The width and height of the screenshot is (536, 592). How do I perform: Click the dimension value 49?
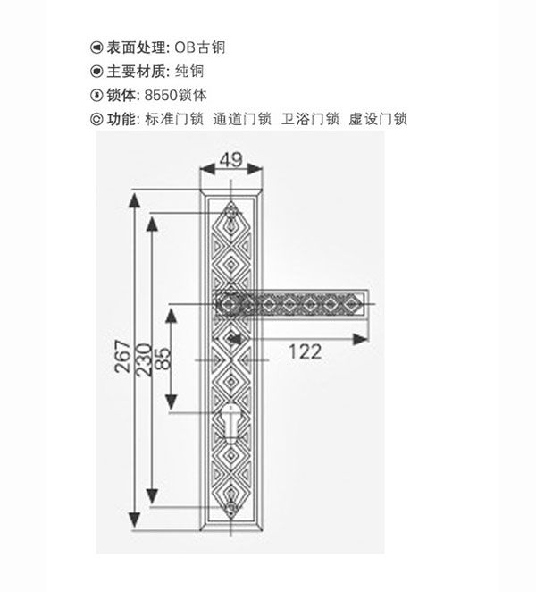click(x=230, y=160)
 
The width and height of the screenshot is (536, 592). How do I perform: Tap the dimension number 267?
click(x=123, y=357)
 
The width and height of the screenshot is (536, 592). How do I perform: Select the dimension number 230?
click(x=144, y=359)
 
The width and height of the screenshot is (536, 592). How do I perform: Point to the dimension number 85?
click(x=163, y=358)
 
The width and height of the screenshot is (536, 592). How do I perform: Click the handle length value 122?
click(x=306, y=351)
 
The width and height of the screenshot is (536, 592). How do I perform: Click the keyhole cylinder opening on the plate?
click(x=230, y=423)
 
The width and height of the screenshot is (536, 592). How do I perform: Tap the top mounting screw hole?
click(x=230, y=213)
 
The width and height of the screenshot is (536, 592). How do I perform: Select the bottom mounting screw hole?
click(x=230, y=507)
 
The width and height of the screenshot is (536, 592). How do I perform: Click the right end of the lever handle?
click(x=366, y=304)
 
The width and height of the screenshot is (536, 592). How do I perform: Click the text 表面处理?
click(x=136, y=47)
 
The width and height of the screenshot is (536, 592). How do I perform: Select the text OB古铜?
click(x=200, y=47)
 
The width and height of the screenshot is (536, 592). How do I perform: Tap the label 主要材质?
click(x=136, y=72)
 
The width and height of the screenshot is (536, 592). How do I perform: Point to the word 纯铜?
click(x=189, y=72)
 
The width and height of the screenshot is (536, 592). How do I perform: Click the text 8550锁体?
click(x=175, y=95)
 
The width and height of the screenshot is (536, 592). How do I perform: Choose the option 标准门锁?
click(x=174, y=119)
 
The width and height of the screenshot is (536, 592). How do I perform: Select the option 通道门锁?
click(x=242, y=119)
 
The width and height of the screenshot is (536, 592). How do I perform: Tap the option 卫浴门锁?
click(x=310, y=119)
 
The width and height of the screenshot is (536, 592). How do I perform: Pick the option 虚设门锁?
click(x=378, y=119)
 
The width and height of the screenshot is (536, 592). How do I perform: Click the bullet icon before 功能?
click(x=96, y=119)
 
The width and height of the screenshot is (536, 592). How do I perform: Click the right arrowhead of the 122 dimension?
click(x=361, y=340)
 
